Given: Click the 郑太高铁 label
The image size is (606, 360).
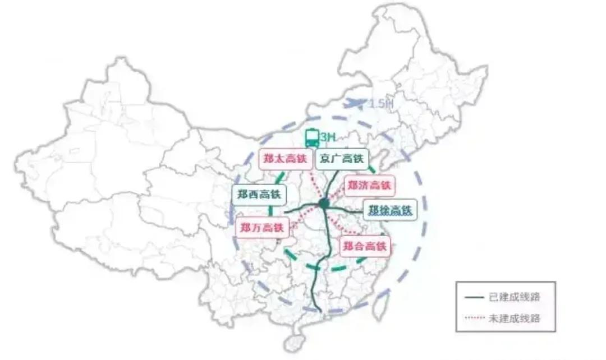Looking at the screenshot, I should pos(286,159).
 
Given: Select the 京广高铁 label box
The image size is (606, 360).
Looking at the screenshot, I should pos(341,159).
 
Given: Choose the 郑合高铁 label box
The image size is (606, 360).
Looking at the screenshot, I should pos(365,246).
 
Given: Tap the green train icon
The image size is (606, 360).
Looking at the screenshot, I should pos(311,138).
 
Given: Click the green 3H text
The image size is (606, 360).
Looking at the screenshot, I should pos(327,137).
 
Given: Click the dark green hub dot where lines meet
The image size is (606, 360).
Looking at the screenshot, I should pos(324,204).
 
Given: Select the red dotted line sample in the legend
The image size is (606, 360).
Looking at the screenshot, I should pos(475,318).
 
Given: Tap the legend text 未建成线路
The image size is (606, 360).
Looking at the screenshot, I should pos(515,318).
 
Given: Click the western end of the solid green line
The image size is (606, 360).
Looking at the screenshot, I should pos(286,211).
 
